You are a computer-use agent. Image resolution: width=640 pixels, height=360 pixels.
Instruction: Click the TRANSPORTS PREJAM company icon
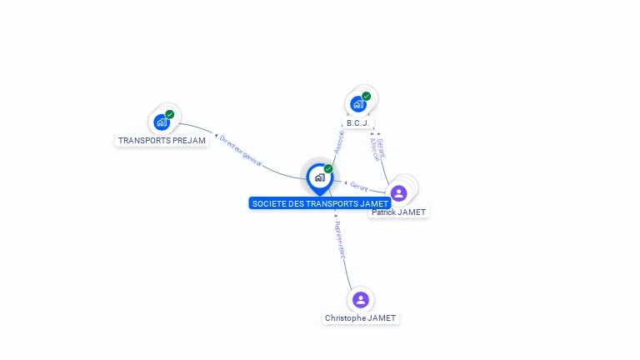pos(162,122)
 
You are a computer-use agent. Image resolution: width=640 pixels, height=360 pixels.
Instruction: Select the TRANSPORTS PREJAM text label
pos(162,141)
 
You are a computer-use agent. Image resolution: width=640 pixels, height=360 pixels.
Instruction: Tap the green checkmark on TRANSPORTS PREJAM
pos(170,114)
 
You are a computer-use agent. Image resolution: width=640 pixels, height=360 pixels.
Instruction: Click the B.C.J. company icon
pos(358,104)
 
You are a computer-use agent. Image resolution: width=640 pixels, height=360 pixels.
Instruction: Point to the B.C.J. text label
pos(358,123)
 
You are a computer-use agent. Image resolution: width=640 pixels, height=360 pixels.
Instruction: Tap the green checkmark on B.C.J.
pos(367,97)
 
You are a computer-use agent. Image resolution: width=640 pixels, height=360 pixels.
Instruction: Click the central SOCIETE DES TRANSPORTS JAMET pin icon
pos(319,177)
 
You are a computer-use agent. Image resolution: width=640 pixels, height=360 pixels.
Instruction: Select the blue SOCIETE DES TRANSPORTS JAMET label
pos(320,203)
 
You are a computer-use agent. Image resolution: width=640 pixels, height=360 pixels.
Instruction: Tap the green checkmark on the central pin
pos(328,169)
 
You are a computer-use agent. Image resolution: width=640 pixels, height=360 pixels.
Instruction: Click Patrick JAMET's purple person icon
pos(399,193)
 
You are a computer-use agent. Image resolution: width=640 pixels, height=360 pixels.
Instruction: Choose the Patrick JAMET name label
pos(399,212)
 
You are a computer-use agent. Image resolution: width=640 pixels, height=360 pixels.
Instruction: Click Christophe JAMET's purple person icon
pos(361,299)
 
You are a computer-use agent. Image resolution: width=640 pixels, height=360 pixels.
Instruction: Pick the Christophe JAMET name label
pos(361,318)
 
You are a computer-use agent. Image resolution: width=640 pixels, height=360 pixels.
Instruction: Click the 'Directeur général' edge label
pos(241,151)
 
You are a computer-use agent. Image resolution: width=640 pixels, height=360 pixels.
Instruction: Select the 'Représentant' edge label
pos(339,239)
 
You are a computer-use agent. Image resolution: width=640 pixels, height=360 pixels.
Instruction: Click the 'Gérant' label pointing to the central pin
pos(359,185)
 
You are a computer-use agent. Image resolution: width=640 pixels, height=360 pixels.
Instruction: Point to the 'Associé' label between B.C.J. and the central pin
pos(339,141)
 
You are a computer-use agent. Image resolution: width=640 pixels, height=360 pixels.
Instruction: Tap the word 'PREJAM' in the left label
pos(190,141)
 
